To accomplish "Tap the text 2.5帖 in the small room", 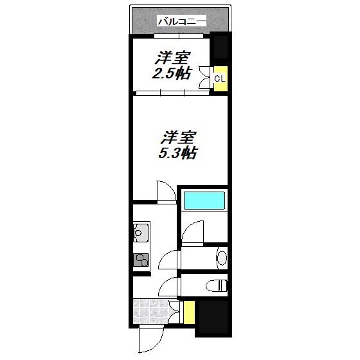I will [x=171, y=73].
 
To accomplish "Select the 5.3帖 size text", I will [x=178, y=154].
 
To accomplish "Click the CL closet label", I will [x=219, y=78].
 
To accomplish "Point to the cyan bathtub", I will [x=204, y=200].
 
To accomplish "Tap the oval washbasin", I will [x=221, y=258].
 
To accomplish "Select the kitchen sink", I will [x=141, y=232].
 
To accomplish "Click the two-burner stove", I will [x=141, y=260].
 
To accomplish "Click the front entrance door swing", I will [x=150, y=337].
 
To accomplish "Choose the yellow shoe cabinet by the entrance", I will [x=189, y=312].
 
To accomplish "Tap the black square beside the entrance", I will [x=212, y=316].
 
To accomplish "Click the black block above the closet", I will [x=220, y=48].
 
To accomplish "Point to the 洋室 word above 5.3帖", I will [x=178, y=138].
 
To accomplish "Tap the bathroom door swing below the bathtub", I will [x=192, y=233].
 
